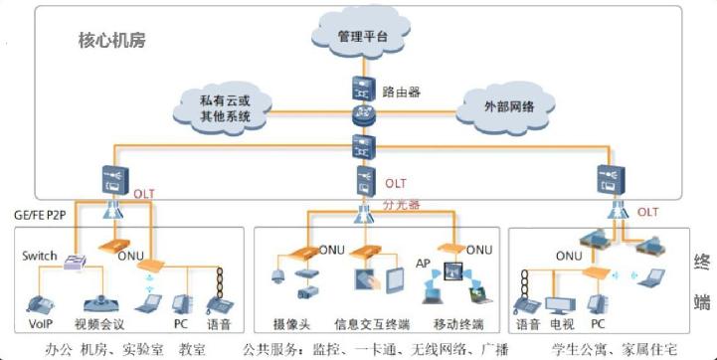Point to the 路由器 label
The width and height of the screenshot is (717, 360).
click(402, 91)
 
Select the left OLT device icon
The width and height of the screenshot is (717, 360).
click(111, 180)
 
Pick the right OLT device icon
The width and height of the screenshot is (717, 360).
click(609, 180)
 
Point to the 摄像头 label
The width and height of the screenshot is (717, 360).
click(292, 324)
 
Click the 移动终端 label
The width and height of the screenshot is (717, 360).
click(458, 324)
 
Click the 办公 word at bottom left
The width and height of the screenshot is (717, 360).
click(59, 349)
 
